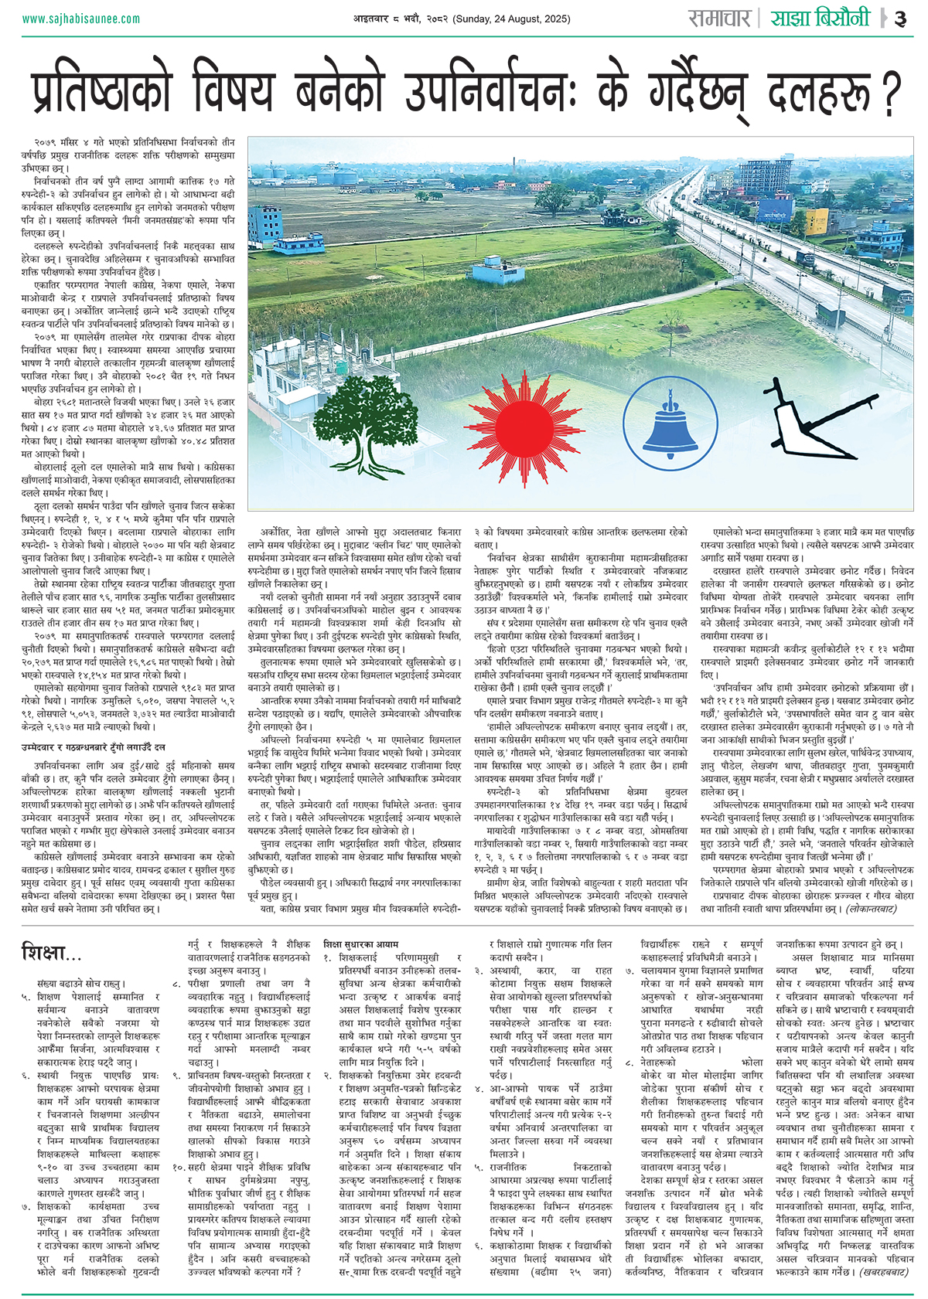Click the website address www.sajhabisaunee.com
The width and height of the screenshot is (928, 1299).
pos(81,19)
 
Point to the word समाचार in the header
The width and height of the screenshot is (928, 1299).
pos(719,19)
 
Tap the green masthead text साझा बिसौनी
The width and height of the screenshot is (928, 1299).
pos(820,19)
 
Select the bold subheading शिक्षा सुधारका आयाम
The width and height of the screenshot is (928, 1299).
pos(361,944)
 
